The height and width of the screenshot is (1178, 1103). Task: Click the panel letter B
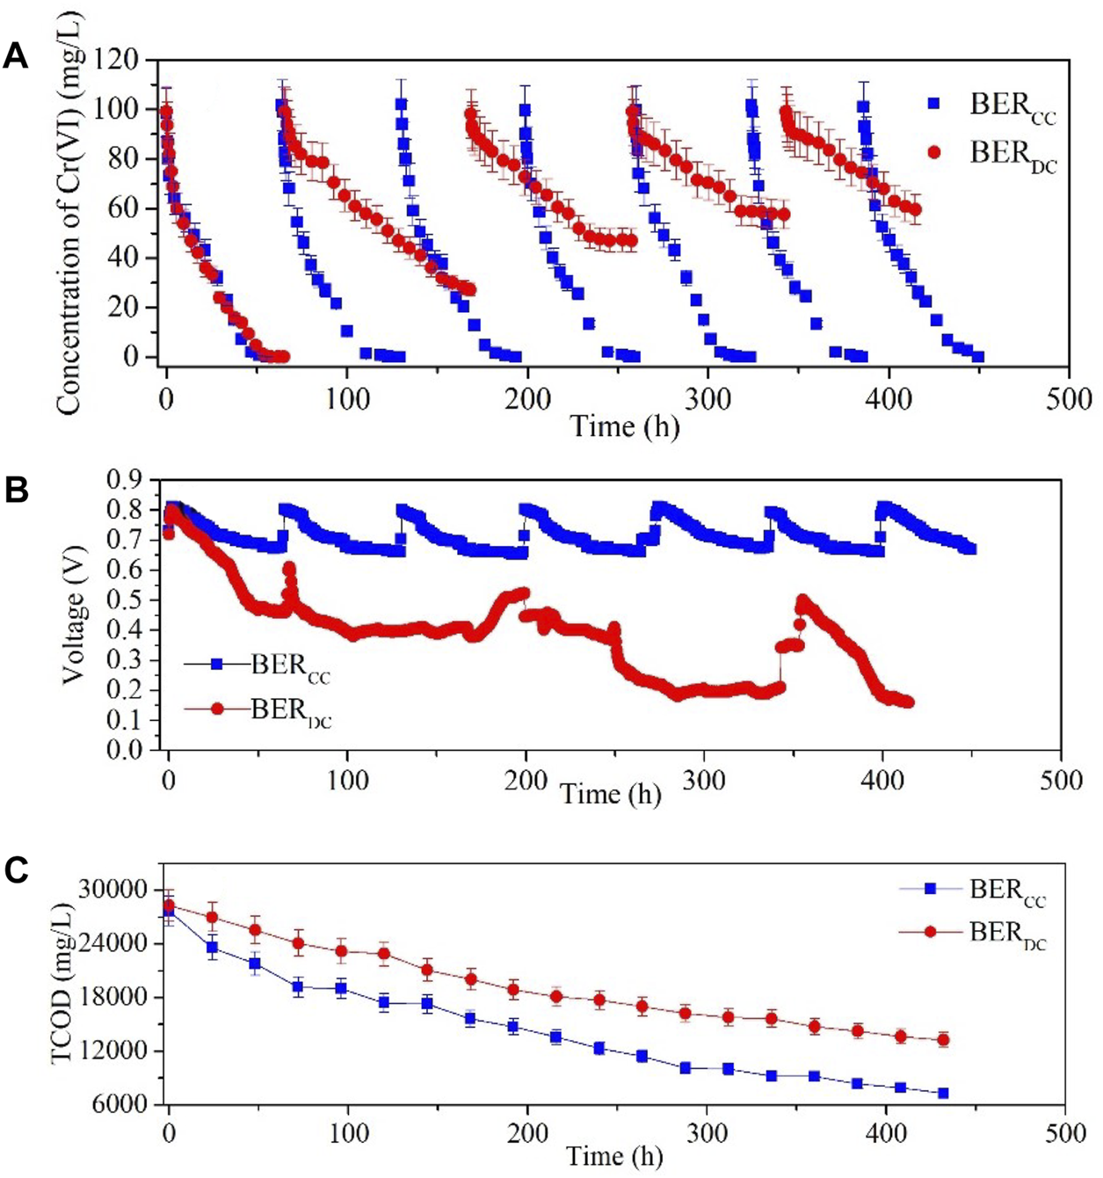[x=16, y=491]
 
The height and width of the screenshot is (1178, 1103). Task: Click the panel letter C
[x=16, y=870]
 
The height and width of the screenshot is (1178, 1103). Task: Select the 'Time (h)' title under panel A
[x=625, y=426]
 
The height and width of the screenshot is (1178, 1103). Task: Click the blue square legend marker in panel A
[x=933, y=104]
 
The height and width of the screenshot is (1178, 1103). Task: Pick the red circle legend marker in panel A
[x=933, y=152]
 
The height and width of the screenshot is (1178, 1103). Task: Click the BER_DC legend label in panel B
[x=291, y=709]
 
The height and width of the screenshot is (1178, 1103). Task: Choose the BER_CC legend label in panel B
[x=291, y=665]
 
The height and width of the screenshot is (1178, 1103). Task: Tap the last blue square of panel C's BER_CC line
[x=943, y=1093]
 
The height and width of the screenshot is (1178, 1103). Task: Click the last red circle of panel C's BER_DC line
[x=943, y=1040]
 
